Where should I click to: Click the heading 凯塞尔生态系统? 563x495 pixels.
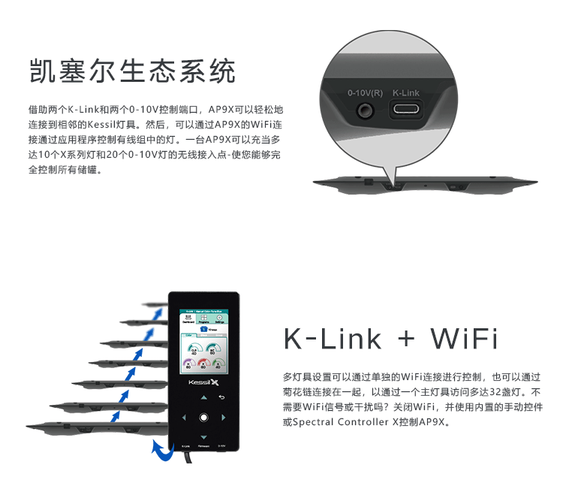tap(132, 71)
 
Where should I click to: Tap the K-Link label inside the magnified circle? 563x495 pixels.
tap(406, 93)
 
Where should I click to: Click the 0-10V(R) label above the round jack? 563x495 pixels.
tap(365, 93)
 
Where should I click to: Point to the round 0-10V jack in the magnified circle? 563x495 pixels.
tap(366, 110)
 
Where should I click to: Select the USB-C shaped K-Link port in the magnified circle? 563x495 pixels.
tap(406, 110)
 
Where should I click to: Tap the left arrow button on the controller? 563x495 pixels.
tap(183, 417)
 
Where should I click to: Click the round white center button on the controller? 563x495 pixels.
tap(203, 417)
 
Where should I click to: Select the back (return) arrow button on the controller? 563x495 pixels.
tap(221, 397)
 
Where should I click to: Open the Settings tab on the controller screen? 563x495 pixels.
tap(220, 318)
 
